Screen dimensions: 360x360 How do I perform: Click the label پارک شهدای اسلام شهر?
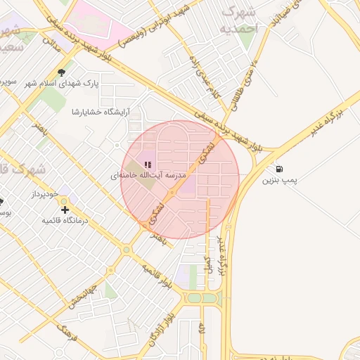101,83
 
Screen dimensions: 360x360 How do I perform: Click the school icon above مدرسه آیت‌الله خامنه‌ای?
148,163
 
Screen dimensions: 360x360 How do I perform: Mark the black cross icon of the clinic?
65,210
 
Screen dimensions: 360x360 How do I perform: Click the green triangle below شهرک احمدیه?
245,40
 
